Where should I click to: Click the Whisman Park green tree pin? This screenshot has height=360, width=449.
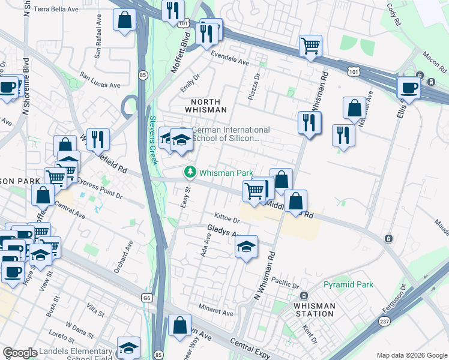pyautogui.click(x=191, y=172)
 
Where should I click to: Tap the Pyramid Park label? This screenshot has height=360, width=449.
pyautogui.click(x=348, y=284)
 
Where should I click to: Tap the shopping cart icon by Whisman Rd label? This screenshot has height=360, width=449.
pyautogui.click(x=310, y=46)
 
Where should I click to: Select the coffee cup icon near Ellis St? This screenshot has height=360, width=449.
pyautogui.click(x=409, y=88)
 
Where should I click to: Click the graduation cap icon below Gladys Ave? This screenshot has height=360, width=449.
pyautogui.click(x=246, y=247)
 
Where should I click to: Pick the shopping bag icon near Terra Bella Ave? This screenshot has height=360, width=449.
pyautogui.click(x=124, y=20)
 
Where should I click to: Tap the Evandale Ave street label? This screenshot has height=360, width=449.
pyautogui.click(x=229, y=58)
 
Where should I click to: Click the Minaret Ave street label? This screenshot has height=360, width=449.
pyautogui.click(x=216, y=313)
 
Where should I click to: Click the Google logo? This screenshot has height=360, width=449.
pyautogui.click(x=20, y=353)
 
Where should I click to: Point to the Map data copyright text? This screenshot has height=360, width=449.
pyautogui.click(x=411, y=355)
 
